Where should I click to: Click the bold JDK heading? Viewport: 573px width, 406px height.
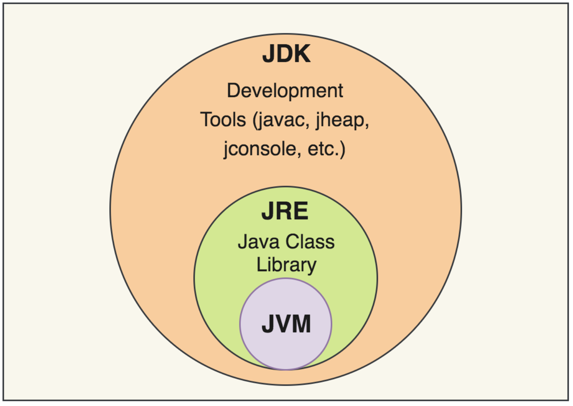(286, 54)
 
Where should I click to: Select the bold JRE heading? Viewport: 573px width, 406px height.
(285, 211)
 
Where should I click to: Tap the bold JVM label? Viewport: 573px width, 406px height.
(286, 324)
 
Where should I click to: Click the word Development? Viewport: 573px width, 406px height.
(285, 91)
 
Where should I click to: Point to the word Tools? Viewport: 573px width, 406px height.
(223, 119)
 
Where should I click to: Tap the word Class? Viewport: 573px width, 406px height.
(311, 241)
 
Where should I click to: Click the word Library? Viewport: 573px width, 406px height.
(286, 265)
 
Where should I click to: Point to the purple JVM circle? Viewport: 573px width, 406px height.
(286, 350)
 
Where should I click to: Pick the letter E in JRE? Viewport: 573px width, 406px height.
(300, 211)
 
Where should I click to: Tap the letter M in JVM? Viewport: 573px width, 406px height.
(301, 324)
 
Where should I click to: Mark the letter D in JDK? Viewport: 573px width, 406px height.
(285, 54)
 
